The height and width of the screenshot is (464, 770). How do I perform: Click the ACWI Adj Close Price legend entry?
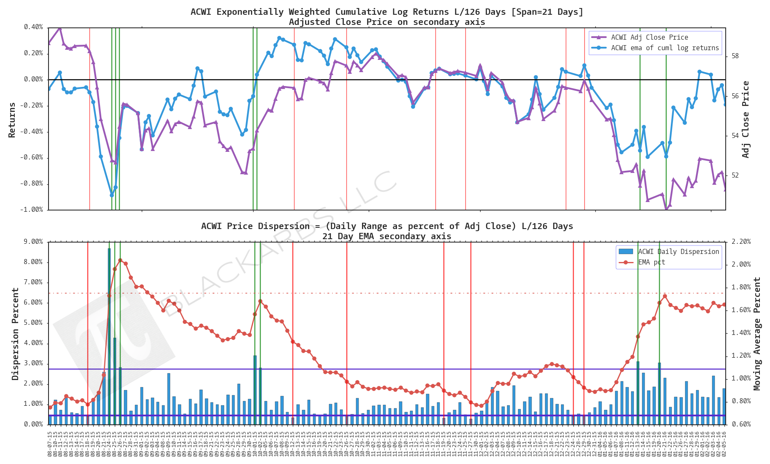coord(649,38)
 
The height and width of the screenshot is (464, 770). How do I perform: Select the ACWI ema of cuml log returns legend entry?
coord(665,48)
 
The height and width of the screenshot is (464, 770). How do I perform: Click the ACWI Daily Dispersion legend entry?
coord(678,252)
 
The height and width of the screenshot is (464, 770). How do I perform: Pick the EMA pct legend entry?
coord(651,262)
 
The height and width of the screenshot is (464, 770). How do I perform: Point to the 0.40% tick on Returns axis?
coord(33,27)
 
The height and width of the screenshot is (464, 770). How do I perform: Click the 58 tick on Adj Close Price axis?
coord(735,56)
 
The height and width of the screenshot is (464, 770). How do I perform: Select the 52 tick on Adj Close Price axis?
coord(735,175)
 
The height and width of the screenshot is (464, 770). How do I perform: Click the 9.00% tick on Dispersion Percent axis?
coord(33,242)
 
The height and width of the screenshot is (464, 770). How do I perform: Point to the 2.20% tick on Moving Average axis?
coord(741,242)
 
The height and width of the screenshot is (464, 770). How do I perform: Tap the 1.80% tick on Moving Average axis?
coord(741,287)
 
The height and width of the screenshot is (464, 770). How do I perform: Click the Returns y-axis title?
coord(12,120)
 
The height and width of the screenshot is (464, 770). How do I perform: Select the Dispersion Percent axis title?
coord(16,334)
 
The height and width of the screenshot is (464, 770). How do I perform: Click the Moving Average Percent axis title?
coord(757,334)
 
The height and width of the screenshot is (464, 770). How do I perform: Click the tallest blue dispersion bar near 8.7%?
coord(109,337)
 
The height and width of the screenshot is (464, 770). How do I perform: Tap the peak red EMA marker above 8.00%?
coord(120,261)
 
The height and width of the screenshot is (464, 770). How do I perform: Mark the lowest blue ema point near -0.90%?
coord(112,195)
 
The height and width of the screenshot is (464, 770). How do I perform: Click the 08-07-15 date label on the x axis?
coord(50,443)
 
